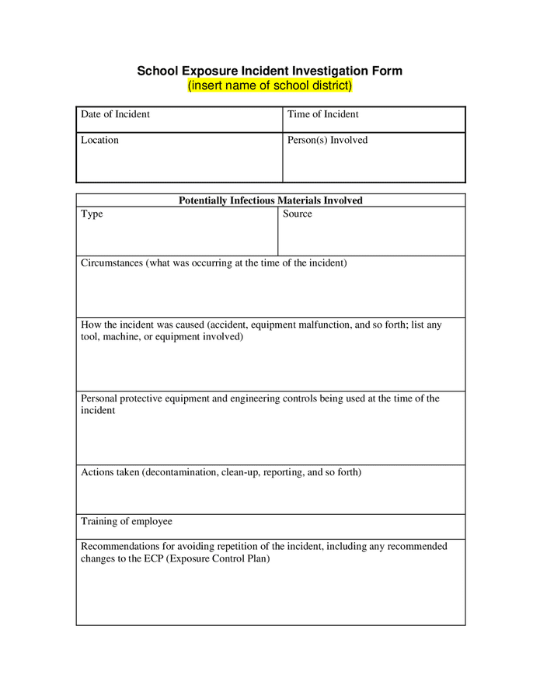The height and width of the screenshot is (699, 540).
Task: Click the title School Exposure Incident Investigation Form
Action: click(270, 71)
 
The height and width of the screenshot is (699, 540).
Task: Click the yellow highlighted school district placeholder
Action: click(270, 85)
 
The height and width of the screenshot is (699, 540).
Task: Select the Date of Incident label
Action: click(115, 114)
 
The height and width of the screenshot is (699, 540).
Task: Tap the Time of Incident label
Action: click(322, 114)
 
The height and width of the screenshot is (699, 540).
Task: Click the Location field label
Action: click(99, 140)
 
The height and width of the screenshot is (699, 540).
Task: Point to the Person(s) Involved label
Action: click(327, 140)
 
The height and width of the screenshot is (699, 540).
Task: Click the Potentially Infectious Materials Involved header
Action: click(270, 200)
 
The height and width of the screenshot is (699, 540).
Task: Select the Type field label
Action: click(92, 214)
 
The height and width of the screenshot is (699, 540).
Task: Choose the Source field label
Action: click(297, 214)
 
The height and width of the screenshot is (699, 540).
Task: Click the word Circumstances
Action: click(112, 263)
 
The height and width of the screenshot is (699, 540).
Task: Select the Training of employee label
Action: click(127, 521)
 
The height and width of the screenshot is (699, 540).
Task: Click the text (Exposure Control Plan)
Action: click(218, 559)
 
